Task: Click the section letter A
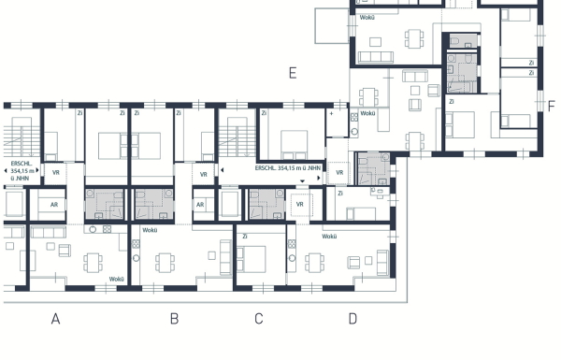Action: [x=55, y=319]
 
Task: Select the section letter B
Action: [x=174, y=319]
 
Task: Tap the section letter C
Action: [x=259, y=319]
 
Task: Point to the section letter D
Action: [x=352, y=319]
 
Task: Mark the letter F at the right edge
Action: [x=551, y=105]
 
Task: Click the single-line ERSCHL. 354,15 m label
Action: [x=289, y=167]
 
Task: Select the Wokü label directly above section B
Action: [x=149, y=230]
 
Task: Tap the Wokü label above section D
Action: [x=329, y=237]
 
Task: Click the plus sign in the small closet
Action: [x=332, y=113]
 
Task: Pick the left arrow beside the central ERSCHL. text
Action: [x=222, y=169]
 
